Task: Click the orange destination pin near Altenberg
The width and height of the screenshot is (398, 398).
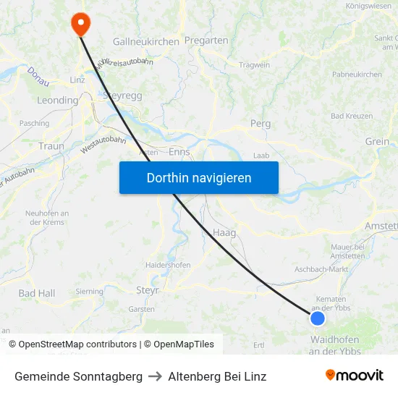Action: [x=80, y=24]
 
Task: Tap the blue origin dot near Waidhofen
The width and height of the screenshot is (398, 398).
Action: [x=317, y=318]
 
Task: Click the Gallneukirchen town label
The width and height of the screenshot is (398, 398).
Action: [x=145, y=42]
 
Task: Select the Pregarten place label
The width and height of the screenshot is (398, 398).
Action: [x=206, y=41]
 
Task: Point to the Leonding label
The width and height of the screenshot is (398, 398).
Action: [x=57, y=101]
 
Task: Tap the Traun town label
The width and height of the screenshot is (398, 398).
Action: [x=51, y=146]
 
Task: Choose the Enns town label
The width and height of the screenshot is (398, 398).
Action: [x=179, y=153]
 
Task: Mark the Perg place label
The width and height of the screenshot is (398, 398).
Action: [x=260, y=124]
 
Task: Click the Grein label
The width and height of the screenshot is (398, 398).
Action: [x=377, y=142]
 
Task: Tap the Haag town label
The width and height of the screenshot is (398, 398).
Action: [x=224, y=233]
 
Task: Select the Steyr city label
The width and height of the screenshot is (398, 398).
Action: [x=148, y=290]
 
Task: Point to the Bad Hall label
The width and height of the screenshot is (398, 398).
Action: [x=36, y=293]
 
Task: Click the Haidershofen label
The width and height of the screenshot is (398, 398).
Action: [x=168, y=266]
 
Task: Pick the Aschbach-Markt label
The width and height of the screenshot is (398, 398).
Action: [x=321, y=269]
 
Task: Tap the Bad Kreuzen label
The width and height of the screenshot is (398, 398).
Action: [x=352, y=116]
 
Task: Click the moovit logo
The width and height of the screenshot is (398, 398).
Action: [x=355, y=375]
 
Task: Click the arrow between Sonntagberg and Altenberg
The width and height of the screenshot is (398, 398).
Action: [x=155, y=376]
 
